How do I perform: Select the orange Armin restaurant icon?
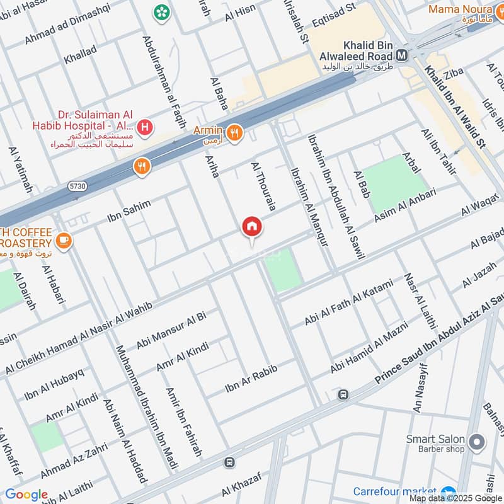point(234,133)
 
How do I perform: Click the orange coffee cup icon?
point(63,239)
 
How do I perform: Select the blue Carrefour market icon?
point(448,492)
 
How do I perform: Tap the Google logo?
point(26,495)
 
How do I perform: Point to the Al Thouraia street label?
point(264,186)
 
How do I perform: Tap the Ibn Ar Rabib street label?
point(251,375)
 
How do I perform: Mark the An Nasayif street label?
point(420,388)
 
